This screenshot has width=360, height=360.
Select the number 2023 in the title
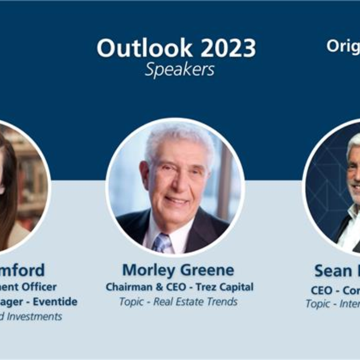pos(228,48)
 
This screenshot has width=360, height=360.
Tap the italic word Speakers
pos(180,70)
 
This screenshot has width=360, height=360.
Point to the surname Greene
pos(207,270)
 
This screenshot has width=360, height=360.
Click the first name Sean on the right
pos(333,271)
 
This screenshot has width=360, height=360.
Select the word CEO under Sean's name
pos(322,290)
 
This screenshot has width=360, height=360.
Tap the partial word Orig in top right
pos(343,46)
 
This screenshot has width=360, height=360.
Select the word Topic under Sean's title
pos(318,304)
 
